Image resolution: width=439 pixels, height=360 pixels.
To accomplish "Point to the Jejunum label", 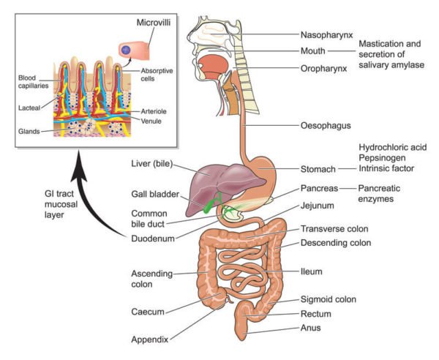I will click(317, 206).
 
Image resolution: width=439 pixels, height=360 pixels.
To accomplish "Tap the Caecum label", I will click(149, 311).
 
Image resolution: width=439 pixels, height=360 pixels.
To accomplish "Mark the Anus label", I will click(312, 328).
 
